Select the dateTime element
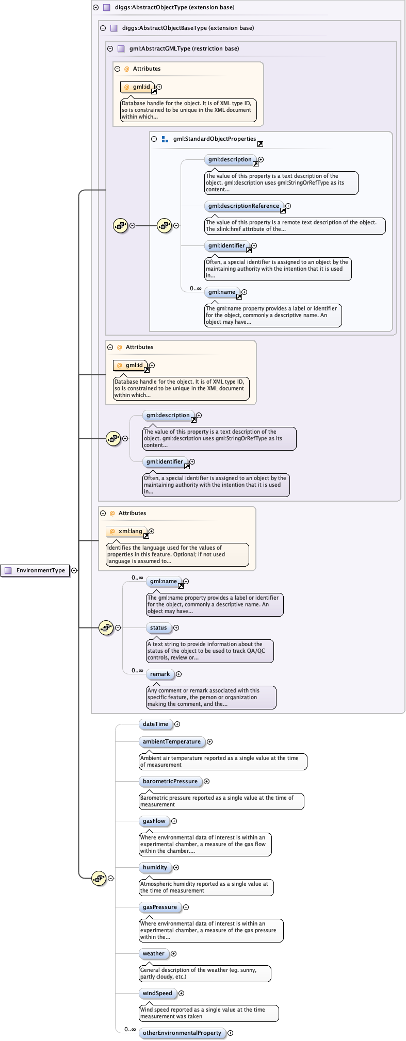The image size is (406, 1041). coord(155,724)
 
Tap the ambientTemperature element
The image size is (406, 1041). coord(171,741)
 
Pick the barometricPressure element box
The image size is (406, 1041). coord(170,781)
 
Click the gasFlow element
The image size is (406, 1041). coord(154,821)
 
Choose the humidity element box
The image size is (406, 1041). coord(155,867)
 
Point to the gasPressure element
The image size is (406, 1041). coord(159,907)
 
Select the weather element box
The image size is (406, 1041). coord(153,953)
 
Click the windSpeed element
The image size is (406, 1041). coord(157,993)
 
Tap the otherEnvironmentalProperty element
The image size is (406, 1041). coord(182,1033)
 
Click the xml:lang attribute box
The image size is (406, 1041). coord(127,531)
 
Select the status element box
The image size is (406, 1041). coord(158,627)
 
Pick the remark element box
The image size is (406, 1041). coord(159,674)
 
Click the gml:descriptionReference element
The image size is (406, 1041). coord(243,206)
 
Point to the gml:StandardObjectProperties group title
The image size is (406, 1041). coord(214,139)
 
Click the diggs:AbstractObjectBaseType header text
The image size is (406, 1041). coord(188,28)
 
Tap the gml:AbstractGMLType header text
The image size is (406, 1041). coord(184,48)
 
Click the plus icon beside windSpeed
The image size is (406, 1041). coord(181,993)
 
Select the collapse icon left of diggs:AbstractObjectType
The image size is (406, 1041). coord(95,7)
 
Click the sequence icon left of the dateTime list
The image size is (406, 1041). coord(99,878)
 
